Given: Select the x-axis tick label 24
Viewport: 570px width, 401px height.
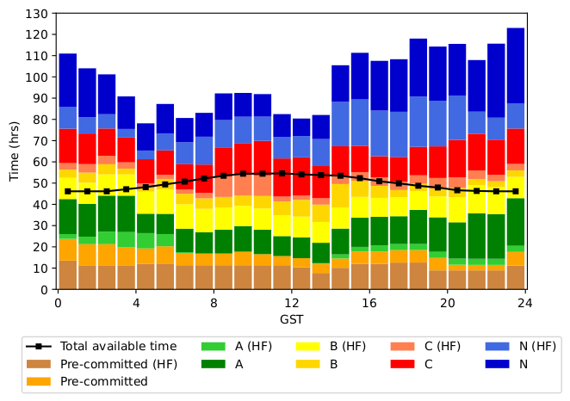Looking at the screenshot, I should click(x=526, y=303).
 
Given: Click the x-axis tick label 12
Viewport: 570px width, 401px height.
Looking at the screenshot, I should click(x=292, y=303).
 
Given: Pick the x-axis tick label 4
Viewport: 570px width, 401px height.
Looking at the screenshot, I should click(x=135, y=303).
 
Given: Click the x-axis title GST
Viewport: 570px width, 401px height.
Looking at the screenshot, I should click(x=292, y=319).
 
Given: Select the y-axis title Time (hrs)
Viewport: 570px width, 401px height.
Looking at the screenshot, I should click(x=15, y=151).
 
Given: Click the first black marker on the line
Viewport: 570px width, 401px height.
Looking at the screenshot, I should click(x=68, y=191).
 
